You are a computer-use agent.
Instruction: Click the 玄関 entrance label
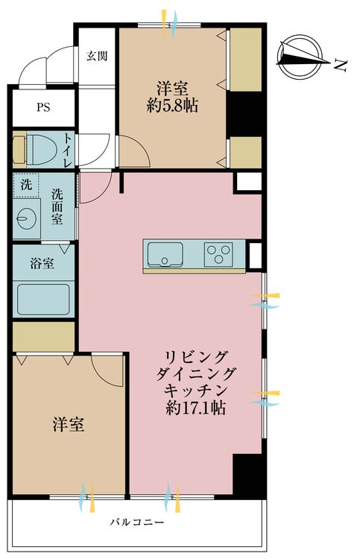pyautogui.click(x=96, y=55)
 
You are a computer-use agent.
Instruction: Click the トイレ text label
pyautogui.click(x=68, y=148)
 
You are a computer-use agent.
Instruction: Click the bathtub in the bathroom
pyautogui.click(x=44, y=300)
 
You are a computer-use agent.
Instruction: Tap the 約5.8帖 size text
pyautogui.click(x=172, y=105)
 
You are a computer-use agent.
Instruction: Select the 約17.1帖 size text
pyautogui.click(x=198, y=408)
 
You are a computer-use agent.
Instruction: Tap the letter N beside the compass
pyautogui.click(x=340, y=66)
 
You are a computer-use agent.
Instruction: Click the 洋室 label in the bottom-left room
pyautogui.click(x=68, y=426)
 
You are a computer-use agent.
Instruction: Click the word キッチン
pyautogui.click(x=198, y=390)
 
